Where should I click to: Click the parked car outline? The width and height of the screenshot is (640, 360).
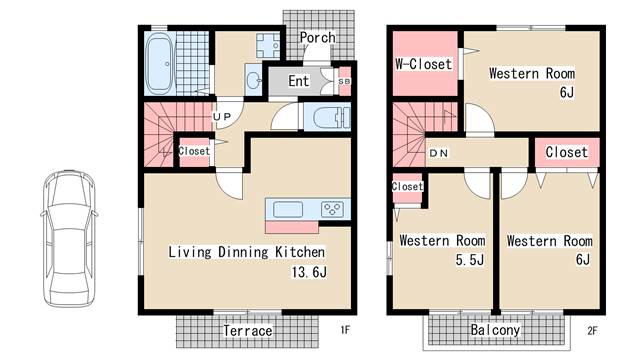click(x=69, y=238)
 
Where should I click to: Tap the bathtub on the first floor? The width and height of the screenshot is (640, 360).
click(x=160, y=64)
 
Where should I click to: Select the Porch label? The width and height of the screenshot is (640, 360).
click(x=318, y=38)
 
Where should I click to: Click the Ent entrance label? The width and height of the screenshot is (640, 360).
click(x=298, y=81)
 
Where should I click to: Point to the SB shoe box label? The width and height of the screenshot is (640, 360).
click(x=344, y=82)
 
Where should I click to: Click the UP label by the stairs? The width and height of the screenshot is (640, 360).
click(x=222, y=117)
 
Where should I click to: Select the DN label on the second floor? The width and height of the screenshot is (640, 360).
click(x=439, y=153)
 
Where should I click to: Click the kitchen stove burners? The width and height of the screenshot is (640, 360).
click(x=332, y=209)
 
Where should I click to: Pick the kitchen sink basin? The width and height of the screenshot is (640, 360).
click(x=288, y=209)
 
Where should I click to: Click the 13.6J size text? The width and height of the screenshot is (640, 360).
click(x=309, y=272)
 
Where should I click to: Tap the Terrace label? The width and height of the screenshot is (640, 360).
click(x=248, y=331)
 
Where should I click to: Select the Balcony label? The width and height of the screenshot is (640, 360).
click(x=495, y=330)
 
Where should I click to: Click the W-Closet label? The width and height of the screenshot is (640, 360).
click(x=424, y=64)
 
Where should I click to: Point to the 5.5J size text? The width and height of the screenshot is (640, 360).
click(x=470, y=260)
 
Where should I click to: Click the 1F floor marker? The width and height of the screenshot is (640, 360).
click(x=345, y=329)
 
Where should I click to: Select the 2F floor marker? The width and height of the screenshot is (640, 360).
click(x=592, y=330)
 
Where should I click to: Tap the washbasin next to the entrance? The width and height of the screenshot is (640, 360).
click(x=254, y=79)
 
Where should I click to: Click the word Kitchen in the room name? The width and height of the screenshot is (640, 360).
click(x=300, y=252)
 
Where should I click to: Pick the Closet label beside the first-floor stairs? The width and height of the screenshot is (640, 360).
click(x=194, y=151)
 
